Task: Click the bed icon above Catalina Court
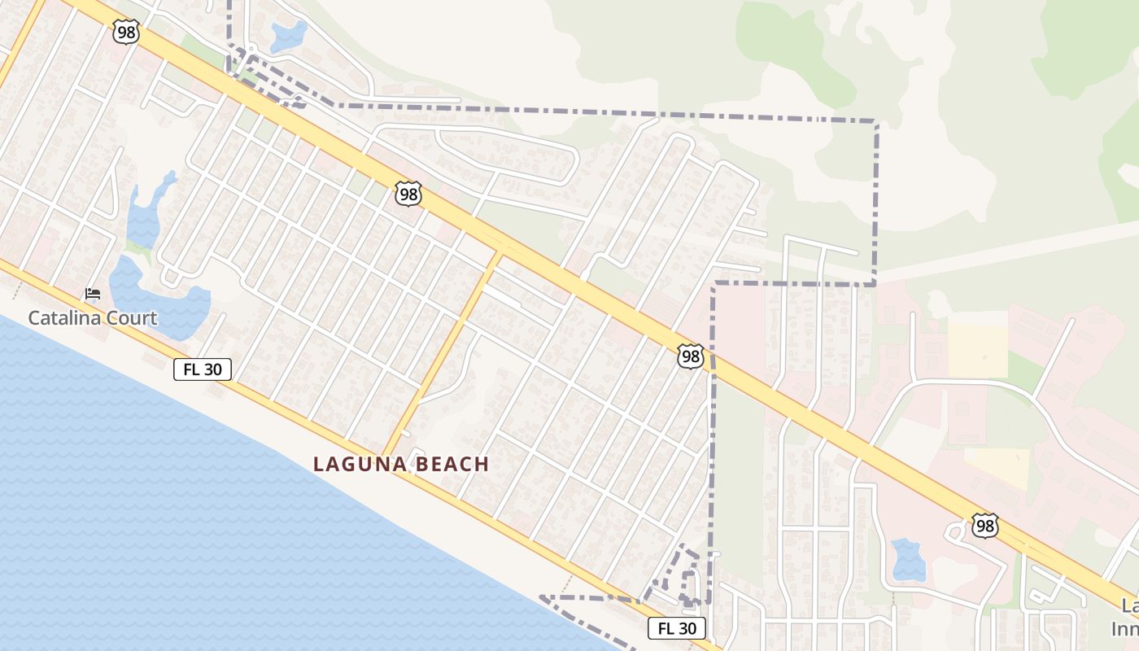(x=93, y=294)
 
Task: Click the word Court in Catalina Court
(x=130, y=318)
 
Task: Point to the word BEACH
(x=450, y=465)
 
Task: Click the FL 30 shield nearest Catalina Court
(x=203, y=369)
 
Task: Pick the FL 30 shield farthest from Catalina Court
(x=677, y=628)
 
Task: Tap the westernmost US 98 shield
(x=127, y=32)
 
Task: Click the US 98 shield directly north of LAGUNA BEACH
(x=408, y=194)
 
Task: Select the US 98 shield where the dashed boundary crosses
(x=691, y=356)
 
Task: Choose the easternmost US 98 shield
(x=985, y=526)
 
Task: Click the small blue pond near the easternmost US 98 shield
(x=908, y=560)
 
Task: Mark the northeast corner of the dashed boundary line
(x=876, y=123)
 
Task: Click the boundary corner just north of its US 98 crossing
(x=714, y=284)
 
